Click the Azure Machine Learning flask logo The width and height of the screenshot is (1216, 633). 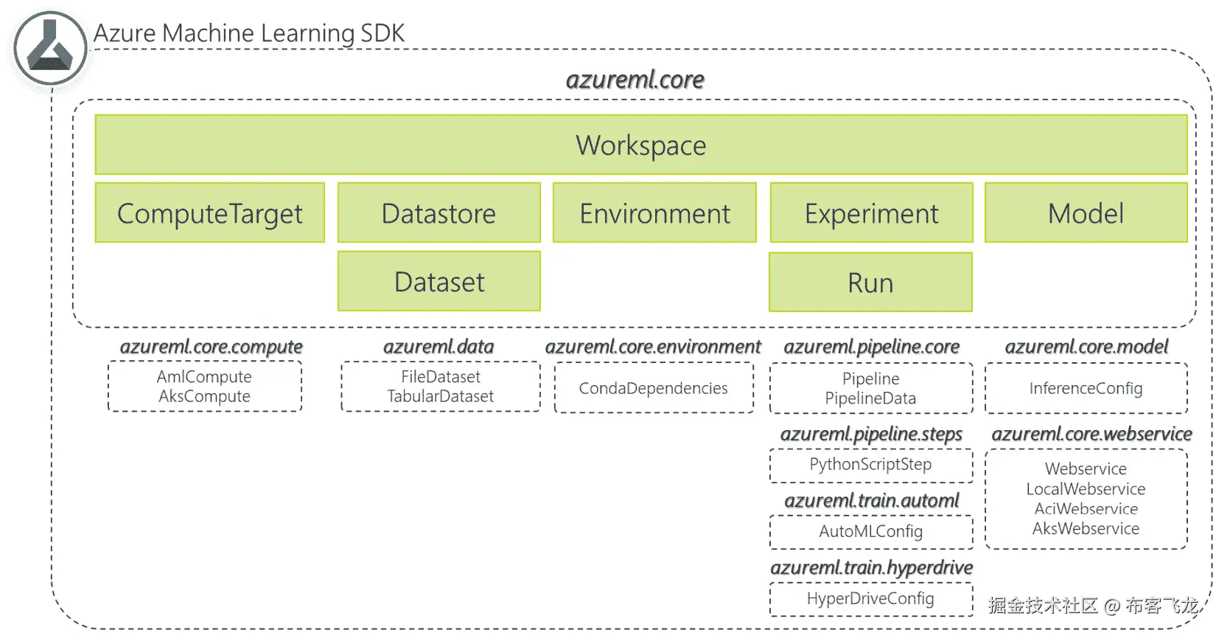click(50, 49)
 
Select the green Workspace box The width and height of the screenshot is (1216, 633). click(640, 145)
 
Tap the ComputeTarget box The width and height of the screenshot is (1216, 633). click(209, 213)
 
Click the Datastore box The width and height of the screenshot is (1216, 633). click(438, 213)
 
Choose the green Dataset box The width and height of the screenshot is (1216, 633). click(438, 282)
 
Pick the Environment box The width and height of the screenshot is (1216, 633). click(654, 213)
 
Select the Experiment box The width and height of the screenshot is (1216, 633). click(871, 213)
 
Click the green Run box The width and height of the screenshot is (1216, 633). click(870, 283)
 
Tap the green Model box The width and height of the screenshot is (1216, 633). click(1086, 213)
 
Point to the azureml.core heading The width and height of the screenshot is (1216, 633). click(635, 80)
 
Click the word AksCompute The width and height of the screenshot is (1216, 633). click(204, 396)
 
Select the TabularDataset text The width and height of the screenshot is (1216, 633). click(440, 396)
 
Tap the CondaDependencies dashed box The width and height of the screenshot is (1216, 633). click(654, 388)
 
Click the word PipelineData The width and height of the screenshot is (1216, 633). click(870, 398)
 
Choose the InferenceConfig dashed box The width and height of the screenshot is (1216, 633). click(1086, 388)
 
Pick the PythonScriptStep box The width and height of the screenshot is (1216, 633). click(870, 465)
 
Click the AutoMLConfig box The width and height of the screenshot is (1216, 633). click(870, 531)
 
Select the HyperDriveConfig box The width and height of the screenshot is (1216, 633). click(870, 598)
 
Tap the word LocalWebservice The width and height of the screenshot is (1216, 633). click(1086, 489)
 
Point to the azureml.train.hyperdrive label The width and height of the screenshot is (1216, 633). click(871, 567)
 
